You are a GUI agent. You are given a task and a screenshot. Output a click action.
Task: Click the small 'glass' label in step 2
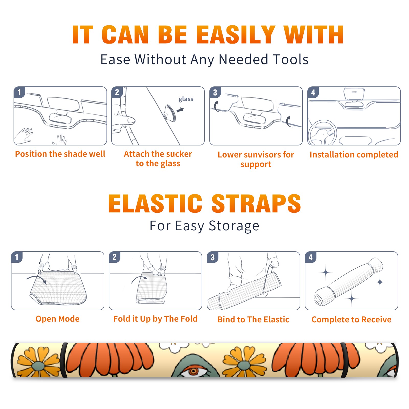[186, 99]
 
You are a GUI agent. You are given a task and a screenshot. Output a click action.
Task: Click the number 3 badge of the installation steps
[215, 92]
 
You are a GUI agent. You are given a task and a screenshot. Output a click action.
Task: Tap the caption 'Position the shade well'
[60, 154]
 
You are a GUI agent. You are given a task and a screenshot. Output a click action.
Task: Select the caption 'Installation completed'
[354, 154]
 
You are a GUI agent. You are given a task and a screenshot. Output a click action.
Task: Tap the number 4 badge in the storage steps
[311, 257]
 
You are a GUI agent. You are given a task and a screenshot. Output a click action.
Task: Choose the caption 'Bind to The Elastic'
[253, 320]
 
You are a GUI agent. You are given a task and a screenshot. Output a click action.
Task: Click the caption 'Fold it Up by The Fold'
[155, 319]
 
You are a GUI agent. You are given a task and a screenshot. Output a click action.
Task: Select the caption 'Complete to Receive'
[351, 320]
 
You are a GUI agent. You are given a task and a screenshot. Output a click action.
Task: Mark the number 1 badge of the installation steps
[19, 92]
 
